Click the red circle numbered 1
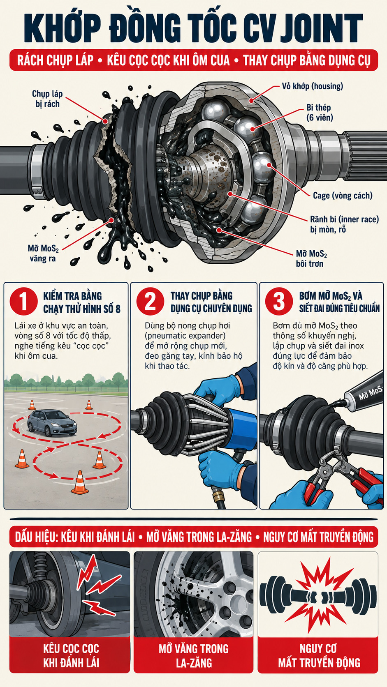pos(23,301)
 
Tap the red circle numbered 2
pos(151,301)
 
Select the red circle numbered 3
pos(279,301)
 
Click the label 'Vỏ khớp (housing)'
pos(313,86)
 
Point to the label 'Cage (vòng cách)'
pos(343,195)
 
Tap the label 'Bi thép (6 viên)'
pos(320,112)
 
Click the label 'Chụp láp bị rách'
pos(47,99)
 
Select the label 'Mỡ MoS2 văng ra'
pos(43,254)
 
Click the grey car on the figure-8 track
pos(52,423)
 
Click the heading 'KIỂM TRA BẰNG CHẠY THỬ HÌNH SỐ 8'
pos(81,302)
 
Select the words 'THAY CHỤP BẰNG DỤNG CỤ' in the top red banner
pos(307,60)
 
